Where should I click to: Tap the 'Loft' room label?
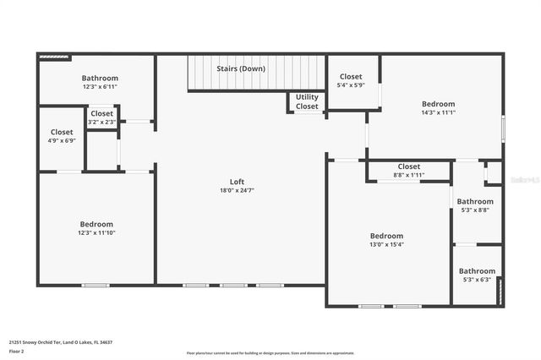coord(237,182)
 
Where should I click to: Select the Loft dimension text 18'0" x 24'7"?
coord(237,190)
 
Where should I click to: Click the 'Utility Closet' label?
coord(307,101)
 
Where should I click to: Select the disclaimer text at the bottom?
coord(270,353)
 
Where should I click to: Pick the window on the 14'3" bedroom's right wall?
coord(503,127)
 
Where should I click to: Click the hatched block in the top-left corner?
coord(53,57)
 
